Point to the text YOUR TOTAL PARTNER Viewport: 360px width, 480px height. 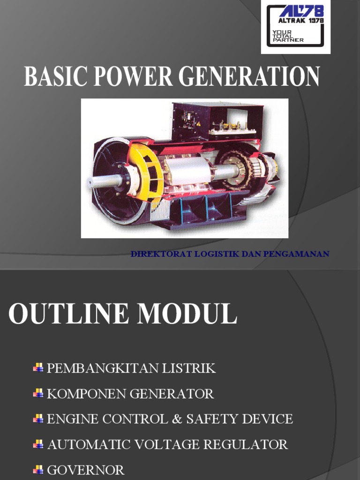point(288,36)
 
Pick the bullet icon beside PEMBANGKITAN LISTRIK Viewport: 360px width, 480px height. point(38,368)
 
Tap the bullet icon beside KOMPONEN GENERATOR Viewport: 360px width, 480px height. point(38,393)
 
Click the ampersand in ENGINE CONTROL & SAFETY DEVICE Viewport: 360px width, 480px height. point(177,419)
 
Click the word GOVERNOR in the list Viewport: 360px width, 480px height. point(86,470)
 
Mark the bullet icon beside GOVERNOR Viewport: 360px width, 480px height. point(38,469)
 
